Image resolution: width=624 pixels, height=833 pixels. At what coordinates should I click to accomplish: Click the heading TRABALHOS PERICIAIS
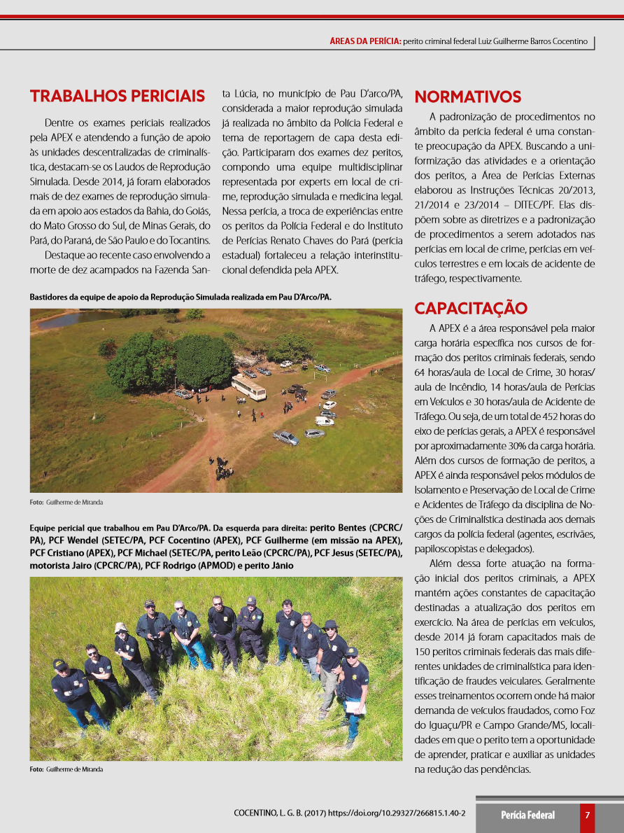click(x=118, y=96)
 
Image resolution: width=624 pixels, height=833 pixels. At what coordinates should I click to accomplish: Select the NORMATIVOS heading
click(x=468, y=97)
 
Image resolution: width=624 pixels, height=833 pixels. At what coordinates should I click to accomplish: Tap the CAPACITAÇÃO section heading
click(x=471, y=309)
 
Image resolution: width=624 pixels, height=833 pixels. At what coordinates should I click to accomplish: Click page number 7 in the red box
click(x=588, y=815)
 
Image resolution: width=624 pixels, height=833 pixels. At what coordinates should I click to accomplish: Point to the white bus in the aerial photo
click(x=248, y=387)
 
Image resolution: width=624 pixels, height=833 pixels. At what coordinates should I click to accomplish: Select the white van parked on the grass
click(x=324, y=421)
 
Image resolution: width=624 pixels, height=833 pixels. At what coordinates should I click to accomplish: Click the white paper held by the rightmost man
click(x=356, y=707)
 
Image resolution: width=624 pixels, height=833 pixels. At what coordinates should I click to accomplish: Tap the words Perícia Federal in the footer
click(x=527, y=815)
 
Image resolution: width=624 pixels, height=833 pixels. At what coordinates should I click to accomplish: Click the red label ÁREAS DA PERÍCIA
click(x=365, y=41)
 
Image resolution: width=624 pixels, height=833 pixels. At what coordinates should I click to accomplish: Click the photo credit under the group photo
click(x=66, y=769)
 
